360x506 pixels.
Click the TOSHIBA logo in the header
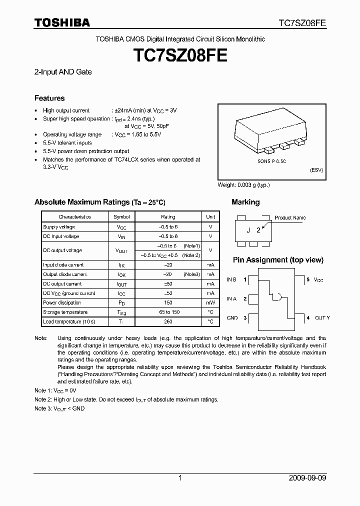(x=62, y=22)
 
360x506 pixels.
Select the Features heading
(x=49, y=98)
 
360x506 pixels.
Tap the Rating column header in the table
(x=168, y=217)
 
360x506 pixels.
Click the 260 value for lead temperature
(x=168, y=321)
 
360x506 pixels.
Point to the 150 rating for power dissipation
(x=168, y=302)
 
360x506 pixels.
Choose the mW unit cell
(x=210, y=302)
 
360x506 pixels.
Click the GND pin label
(x=232, y=317)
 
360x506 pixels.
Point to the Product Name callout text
(x=290, y=217)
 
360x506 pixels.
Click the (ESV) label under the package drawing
(x=316, y=170)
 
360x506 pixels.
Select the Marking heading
(x=245, y=202)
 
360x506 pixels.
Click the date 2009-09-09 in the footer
(x=307, y=478)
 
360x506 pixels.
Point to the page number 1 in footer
(x=180, y=478)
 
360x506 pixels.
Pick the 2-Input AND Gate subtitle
(x=63, y=72)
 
